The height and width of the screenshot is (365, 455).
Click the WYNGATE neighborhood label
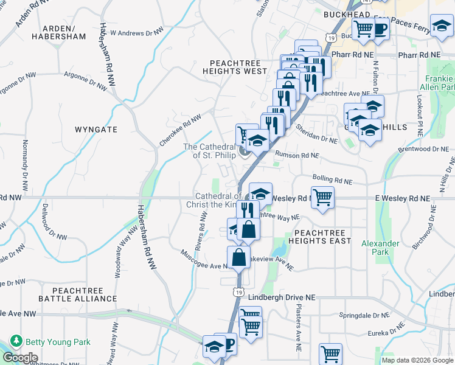(x=96, y=130)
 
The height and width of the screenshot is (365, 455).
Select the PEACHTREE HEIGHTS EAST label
(x=322, y=237)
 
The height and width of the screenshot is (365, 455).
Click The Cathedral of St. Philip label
(x=209, y=151)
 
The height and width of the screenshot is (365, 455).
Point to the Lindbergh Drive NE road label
(x=283, y=296)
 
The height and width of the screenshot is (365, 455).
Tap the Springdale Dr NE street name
(x=364, y=316)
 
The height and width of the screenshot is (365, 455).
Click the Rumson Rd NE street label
(x=296, y=155)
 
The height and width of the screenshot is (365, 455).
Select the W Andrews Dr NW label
(x=137, y=32)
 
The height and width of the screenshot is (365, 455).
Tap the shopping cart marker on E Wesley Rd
(x=322, y=196)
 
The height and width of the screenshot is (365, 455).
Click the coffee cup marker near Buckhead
(x=380, y=27)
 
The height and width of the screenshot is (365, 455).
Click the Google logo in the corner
(x=19, y=358)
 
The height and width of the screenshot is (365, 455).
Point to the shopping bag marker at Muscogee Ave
(x=239, y=256)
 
